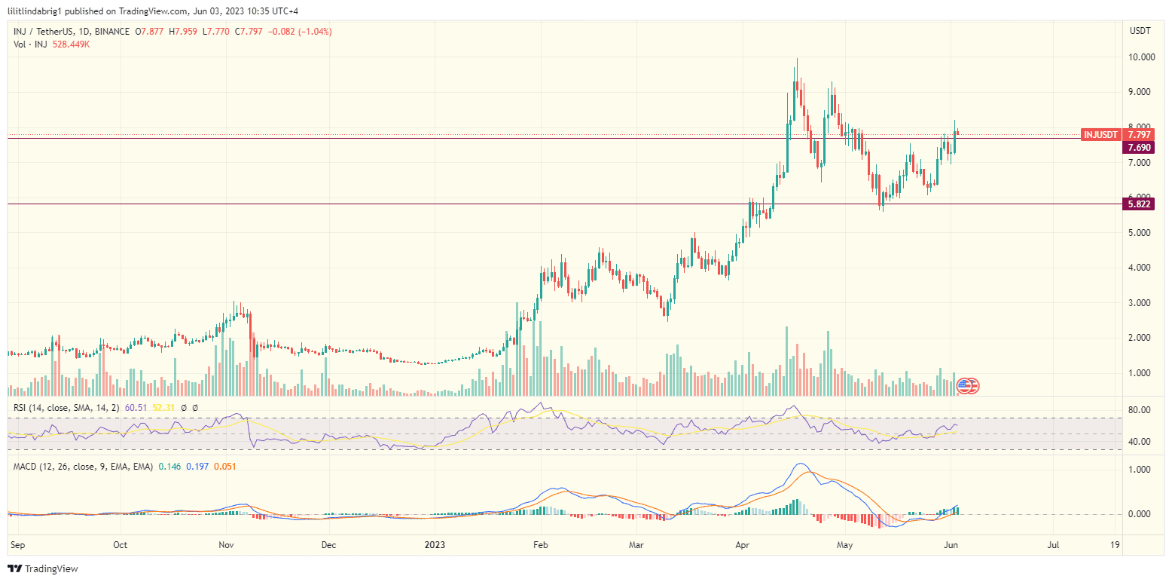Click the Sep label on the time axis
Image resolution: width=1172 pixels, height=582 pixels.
tap(17, 544)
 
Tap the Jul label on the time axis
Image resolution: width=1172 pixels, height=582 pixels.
tap(1053, 544)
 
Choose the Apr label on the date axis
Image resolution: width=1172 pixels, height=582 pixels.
tap(743, 544)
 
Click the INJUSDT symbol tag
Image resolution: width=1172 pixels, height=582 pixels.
tap(1100, 134)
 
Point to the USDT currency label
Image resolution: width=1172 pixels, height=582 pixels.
tap(1140, 31)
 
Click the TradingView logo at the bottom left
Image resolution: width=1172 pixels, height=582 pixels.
tap(44, 568)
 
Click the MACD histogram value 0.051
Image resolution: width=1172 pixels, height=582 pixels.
tap(224, 467)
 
